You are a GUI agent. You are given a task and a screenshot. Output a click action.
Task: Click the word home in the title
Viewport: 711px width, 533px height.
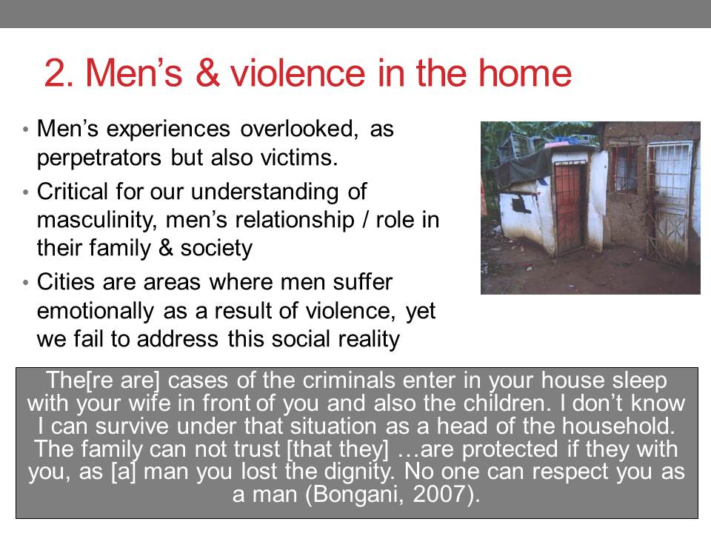pos(526,73)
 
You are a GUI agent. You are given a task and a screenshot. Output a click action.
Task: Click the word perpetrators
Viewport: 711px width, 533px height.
pos(99,158)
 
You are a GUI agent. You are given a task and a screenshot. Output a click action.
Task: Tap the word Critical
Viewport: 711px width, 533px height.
pos(72,191)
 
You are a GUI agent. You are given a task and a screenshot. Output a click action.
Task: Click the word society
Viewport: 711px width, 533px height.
pos(216,249)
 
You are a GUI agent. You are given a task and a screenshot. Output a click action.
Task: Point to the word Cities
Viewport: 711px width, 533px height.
pos(64,282)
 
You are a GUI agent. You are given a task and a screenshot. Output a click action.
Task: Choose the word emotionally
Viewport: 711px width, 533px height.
pos(96,311)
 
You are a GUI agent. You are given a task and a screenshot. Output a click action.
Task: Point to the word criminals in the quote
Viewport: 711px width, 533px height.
pos(349,380)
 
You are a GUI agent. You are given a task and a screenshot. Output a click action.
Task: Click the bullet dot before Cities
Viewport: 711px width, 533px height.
pos(25,283)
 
